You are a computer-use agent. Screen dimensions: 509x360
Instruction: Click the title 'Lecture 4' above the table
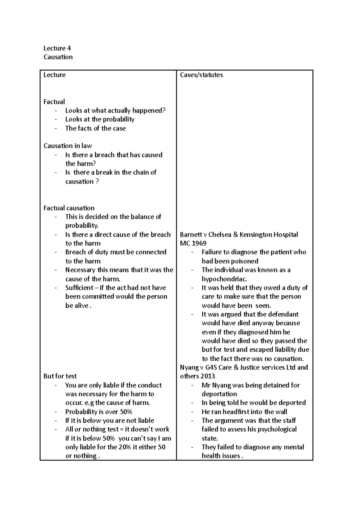tap(57, 48)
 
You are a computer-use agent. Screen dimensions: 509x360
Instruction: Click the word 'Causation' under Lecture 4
tap(58, 57)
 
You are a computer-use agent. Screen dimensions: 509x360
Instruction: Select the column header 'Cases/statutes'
tap(201, 75)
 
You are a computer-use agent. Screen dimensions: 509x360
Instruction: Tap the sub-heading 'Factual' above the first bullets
tap(54, 102)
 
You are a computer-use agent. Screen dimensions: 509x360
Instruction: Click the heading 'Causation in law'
tap(67, 146)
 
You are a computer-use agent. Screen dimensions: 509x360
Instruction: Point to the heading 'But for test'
tap(60, 376)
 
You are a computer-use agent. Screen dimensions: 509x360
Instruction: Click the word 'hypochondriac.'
tap(224, 279)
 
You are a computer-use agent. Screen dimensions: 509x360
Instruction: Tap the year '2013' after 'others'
tap(206, 376)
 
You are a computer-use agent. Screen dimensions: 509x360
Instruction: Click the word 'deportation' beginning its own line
tap(219, 394)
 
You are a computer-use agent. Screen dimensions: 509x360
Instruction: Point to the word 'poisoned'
tap(245, 261)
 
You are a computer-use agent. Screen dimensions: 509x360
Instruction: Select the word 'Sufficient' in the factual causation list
tap(79, 288)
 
